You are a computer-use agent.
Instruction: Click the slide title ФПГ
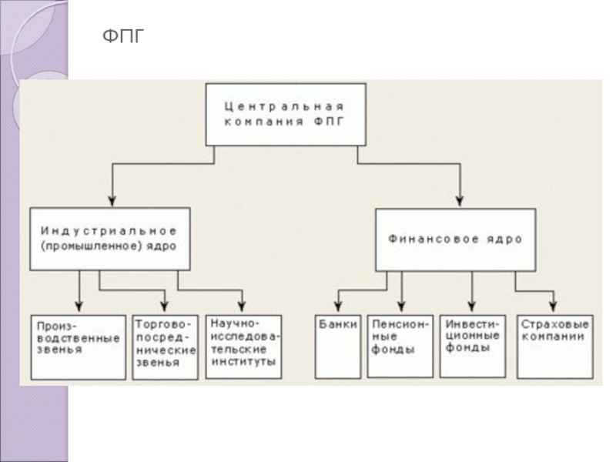[124, 36]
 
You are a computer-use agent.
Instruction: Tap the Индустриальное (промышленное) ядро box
[109, 238]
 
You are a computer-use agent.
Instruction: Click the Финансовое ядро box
[454, 239]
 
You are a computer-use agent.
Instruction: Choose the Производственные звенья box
[79, 346]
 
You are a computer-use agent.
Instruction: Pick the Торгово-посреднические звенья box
[166, 346]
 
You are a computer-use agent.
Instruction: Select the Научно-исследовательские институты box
[245, 346]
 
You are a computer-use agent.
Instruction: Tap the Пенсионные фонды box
[399, 346]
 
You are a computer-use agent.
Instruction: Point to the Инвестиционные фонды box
[473, 346]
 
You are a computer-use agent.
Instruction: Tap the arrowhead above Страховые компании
[551, 307]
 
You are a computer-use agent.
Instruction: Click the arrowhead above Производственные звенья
[79, 307]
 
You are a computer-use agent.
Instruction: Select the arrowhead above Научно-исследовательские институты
[243, 307]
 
